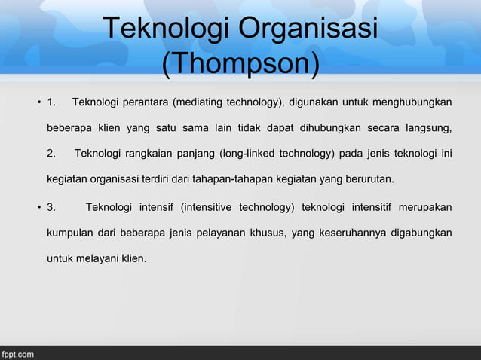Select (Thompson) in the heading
(x=240, y=64)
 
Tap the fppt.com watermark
(x=17, y=352)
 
